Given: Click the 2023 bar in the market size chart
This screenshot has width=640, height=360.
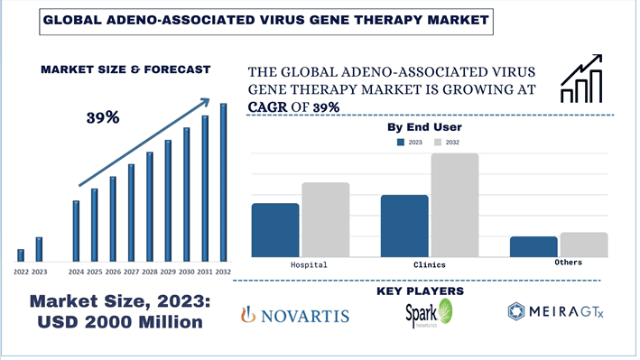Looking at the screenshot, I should pos(39,249).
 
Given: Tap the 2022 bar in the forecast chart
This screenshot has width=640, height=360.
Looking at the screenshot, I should pos(21,254).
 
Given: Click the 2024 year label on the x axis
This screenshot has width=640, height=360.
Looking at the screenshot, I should pos(76,272).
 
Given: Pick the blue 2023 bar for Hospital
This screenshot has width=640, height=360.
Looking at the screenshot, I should pos(275,230).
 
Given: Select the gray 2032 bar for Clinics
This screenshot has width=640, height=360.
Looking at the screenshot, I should pos(455,205).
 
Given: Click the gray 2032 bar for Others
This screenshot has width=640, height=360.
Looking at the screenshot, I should pos(584,245).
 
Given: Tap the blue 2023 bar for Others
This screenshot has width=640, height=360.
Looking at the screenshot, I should pos(533,246).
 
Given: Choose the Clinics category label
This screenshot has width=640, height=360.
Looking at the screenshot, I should pos(429,265).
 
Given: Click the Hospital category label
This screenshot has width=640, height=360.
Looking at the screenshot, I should pos(309,265).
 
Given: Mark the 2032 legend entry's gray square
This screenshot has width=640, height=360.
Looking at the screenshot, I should pos(439,143).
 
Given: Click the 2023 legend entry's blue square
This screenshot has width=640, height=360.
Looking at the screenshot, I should pos(400,143).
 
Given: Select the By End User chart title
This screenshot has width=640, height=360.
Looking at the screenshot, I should pos(424,127).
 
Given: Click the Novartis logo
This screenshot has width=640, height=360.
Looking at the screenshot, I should pos(294,315).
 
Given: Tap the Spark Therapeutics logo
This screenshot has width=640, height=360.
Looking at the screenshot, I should pos(429,314).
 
